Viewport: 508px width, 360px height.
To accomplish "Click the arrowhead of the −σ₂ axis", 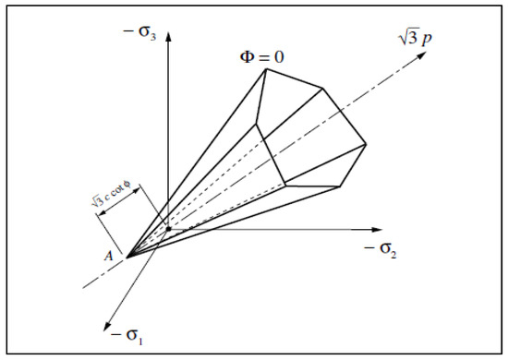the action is (x=380, y=228).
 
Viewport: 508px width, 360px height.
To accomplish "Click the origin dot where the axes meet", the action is (x=167, y=228).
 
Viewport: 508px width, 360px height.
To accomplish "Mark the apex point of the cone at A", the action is (x=126, y=256).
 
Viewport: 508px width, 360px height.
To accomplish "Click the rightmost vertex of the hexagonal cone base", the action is (x=367, y=145).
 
